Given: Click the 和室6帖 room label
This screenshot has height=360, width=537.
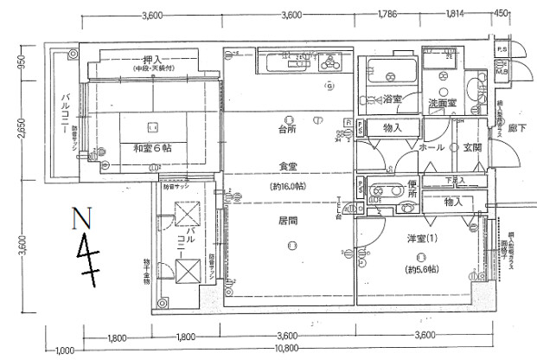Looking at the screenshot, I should [151, 148].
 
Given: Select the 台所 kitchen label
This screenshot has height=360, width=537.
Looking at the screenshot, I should [288, 131].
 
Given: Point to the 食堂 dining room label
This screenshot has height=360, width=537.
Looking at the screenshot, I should [288, 165].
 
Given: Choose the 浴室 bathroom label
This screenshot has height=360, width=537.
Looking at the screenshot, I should [392, 100].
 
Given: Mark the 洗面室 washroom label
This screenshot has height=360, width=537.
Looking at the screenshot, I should [442, 102].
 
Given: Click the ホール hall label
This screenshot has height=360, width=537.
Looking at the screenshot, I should [432, 148].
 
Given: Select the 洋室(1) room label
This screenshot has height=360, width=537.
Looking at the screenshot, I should [419, 238].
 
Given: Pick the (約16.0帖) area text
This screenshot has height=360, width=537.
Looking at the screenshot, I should [288, 185].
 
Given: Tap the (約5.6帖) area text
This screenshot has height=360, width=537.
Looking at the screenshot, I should [419, 270].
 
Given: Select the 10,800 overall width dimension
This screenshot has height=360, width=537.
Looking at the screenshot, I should [288, 350].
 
